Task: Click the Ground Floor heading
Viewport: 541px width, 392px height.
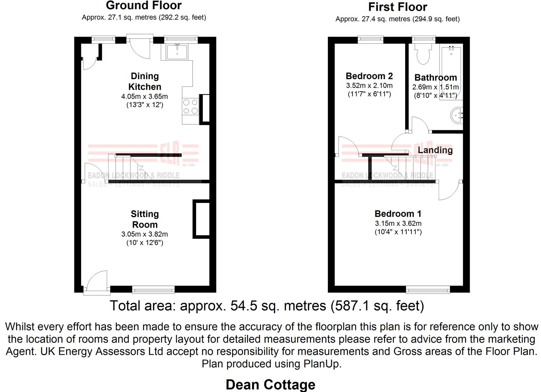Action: coord(144,6)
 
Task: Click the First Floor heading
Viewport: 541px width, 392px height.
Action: coord(398,7)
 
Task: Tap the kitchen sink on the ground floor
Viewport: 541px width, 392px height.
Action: coord(177,52)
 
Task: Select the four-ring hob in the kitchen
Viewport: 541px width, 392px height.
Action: coord(190,107)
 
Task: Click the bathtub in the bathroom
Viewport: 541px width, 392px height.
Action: coord(451,71)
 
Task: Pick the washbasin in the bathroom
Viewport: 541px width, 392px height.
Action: coord(457,115)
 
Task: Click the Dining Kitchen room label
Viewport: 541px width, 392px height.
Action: coord(145,81)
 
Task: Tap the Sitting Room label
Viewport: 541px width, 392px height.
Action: coord(145,219)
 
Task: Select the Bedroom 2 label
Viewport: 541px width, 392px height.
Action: coord(369,76)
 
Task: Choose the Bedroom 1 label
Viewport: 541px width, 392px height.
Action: coord(398,214)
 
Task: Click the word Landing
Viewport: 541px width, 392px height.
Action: coord(435,150)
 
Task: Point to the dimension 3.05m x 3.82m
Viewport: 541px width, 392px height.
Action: coord(144,234)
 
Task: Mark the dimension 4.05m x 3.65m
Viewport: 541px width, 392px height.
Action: coord(144,96)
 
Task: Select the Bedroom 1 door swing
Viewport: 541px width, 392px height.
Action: coord(449,191)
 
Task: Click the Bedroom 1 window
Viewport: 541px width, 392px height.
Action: coord(428,289)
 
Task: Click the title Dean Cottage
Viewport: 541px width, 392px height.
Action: coord(270,385)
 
